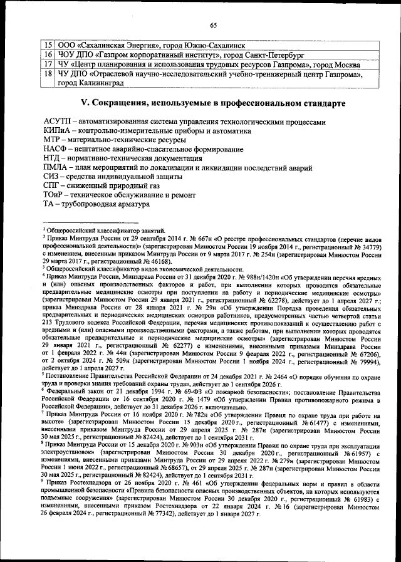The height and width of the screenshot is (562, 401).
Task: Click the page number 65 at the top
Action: (212, 26)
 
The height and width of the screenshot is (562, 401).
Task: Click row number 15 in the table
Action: (47, 45)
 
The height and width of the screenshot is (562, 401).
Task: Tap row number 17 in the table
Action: (47, 65)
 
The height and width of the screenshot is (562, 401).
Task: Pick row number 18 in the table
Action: (47, 75)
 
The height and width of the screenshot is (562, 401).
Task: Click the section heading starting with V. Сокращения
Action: (211, 101)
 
